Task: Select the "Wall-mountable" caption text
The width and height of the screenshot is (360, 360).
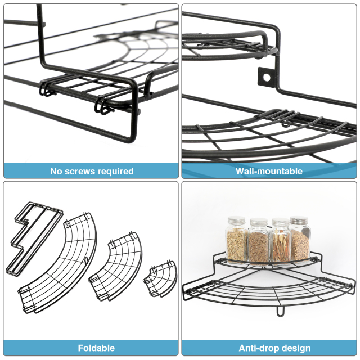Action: tap(269, 171)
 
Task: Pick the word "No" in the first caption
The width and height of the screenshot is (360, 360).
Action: tap(56, 171)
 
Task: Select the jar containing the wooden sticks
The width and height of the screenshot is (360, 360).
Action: tap(279, 245)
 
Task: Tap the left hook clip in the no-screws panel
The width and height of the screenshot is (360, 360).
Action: tap(47, 89)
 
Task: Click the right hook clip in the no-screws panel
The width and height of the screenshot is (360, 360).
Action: tap(103, 105)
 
